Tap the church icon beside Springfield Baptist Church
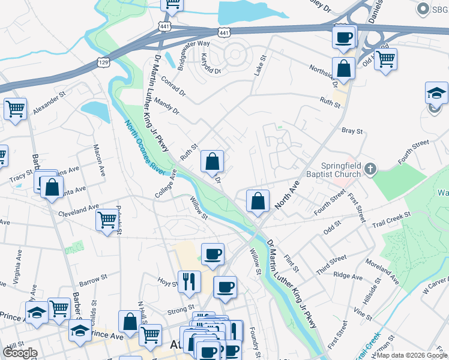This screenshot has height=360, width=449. [x=370, y=170]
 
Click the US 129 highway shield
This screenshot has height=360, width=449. [x=103, y=62]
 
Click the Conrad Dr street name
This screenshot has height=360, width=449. [x=174, y=89]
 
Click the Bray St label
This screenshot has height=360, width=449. [x=352, y=131]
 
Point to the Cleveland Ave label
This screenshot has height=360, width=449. [x=78, y=210]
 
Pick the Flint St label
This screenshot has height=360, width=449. [x=292, y=261]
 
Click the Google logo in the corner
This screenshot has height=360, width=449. [x=20, y=353]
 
